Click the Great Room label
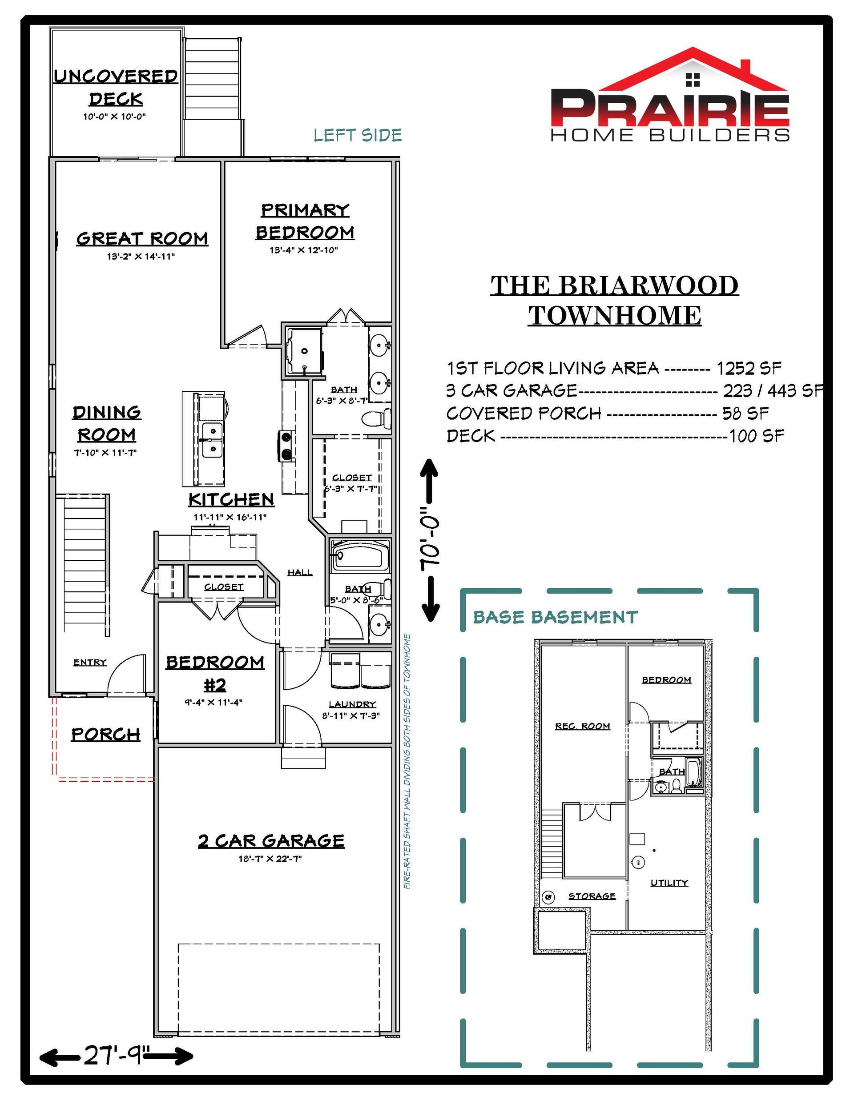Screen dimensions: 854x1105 point(142,238)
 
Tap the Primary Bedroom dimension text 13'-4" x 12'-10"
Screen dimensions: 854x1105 point(304,250)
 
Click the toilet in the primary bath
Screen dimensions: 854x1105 point(377,418)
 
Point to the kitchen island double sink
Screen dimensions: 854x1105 point(213,441)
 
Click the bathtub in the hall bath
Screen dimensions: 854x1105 point(360,556)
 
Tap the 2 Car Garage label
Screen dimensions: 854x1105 point(271,841)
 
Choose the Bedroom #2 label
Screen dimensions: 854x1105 point(215,673)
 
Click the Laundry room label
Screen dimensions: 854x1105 point(352,704)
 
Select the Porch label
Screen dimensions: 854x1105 point(105,734)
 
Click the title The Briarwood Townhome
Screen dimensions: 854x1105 point(615,301)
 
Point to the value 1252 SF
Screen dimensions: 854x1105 point(748,368)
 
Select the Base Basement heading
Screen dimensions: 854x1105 point(556,617)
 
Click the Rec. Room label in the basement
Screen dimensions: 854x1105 point(583,726)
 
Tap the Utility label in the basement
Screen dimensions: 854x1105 point(669,883)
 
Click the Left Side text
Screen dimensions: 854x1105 point(358,135)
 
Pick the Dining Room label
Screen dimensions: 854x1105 point(106,423)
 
